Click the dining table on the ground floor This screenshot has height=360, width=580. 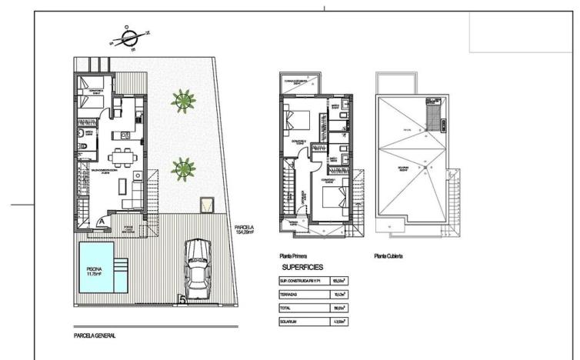pyautogui.click(x=120, y=157)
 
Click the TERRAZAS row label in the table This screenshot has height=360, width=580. pyautogui.click(x=291, y=294)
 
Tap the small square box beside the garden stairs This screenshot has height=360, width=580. pyautogui.click(x=206, y=205)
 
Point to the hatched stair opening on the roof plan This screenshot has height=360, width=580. pyautogui.click(x=435, y=117)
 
